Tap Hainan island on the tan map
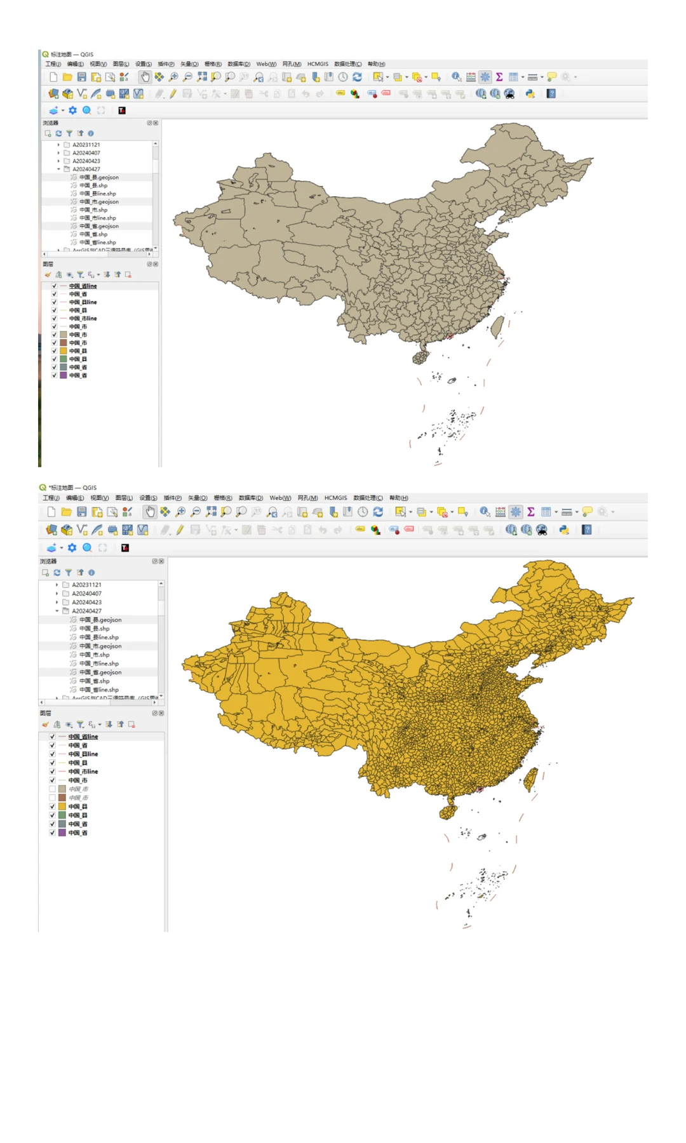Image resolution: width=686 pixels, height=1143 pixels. pos(420,357)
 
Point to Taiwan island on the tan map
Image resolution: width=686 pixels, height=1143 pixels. pos(497,326)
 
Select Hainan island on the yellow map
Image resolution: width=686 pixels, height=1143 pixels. pos(448,811)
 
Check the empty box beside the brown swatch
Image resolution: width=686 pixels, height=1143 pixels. pos(52,798)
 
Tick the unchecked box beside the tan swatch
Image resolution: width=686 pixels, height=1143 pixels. pos(52,789)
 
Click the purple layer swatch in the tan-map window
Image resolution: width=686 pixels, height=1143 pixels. pos(64,375)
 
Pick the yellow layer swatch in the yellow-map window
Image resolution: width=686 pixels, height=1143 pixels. pos(62,806)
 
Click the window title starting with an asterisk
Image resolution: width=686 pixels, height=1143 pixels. pos(72,488)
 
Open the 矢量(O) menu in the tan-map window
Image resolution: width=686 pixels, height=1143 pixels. pos(189,64)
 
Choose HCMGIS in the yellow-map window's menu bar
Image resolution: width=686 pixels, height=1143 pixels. pos(335,498)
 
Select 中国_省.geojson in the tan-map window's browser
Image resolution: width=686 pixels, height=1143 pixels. pos(98,226)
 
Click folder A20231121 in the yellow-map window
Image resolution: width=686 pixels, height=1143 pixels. pos(86,585)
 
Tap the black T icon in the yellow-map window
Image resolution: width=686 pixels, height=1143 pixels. pos(125,547)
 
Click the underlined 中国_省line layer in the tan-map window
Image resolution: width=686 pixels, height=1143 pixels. pos(83,286)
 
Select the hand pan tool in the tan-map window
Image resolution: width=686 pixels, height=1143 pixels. pos(145,77)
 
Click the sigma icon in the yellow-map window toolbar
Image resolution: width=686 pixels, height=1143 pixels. pos(531,512)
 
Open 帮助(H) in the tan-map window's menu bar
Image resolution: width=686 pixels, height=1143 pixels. pos(376,64)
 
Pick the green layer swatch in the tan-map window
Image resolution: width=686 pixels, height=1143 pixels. pos(64,359)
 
